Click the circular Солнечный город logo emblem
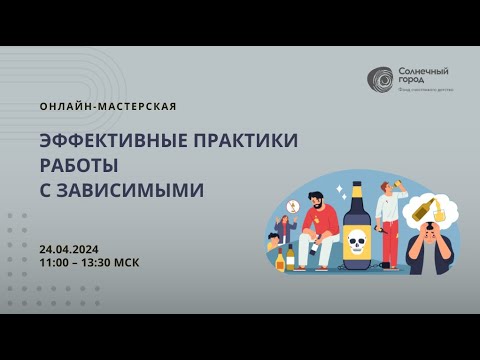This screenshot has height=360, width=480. [380, 78]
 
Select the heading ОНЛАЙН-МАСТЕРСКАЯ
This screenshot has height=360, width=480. [109, 106]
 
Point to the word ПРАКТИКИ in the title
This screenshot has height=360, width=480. [244, 140]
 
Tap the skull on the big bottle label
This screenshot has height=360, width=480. [355, 241]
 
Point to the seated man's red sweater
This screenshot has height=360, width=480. [319, 221]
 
